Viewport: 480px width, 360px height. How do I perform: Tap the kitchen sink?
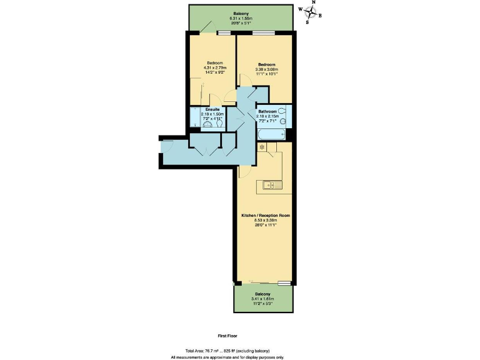click(270, 184)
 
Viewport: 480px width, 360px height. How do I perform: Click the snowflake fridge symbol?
click(262, 147)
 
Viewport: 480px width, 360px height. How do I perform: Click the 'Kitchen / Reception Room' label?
click(266, 215)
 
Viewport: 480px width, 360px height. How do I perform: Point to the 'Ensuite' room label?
click(212, 109)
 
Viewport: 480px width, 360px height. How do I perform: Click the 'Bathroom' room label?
click(267, 111)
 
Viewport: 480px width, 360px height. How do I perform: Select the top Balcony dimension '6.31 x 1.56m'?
click(241, 19)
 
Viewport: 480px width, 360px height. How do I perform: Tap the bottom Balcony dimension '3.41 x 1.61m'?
click(262, 299)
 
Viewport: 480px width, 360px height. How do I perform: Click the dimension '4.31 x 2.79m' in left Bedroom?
click(216, 67)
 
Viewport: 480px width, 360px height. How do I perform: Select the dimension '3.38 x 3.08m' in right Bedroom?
click(267, 69)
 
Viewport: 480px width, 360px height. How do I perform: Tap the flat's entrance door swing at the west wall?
click(166, 146)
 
